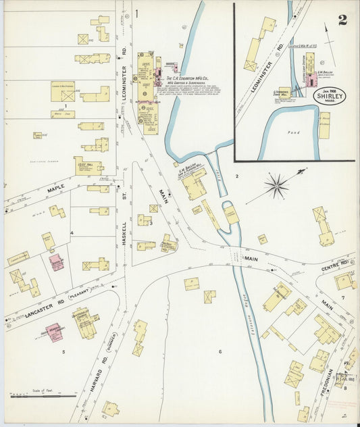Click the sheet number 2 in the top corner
(342, 19)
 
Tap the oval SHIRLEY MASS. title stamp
(329, 95)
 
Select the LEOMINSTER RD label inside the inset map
(271, 57)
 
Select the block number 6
(220, 351)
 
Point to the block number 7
(343, 297)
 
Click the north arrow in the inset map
(330, 38)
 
